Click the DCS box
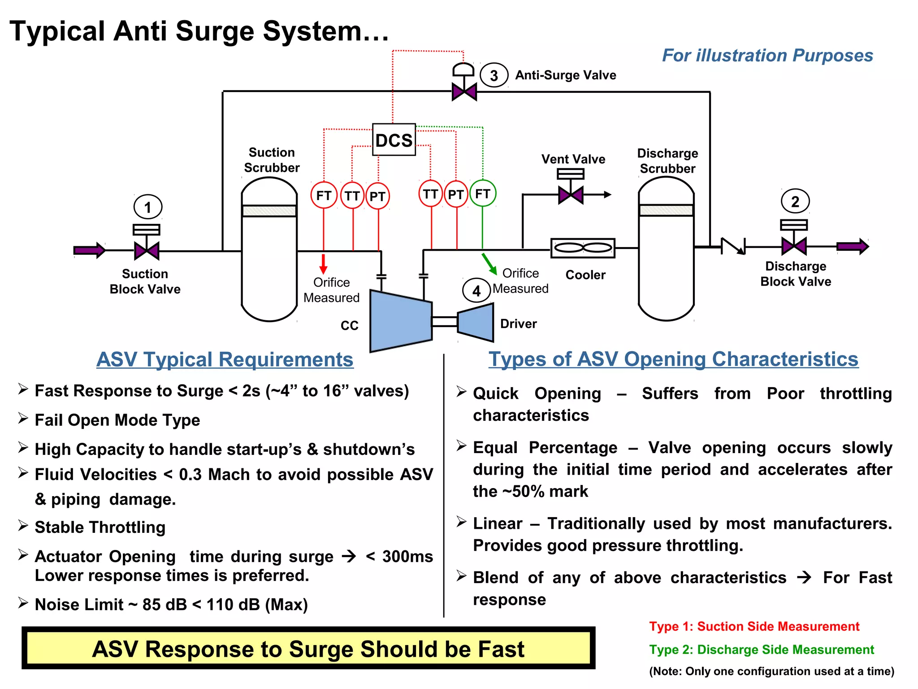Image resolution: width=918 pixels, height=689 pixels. pos(394,140)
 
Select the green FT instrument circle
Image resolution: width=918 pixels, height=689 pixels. pos(482,194)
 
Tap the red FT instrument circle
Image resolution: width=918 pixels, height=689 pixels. pos(324,196)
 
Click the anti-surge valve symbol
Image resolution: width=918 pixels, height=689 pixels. pos(464,92)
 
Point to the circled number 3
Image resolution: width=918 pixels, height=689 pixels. pos(494,75)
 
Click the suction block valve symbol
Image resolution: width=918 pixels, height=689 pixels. pos(147,250)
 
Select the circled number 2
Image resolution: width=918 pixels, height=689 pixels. pos(795,202)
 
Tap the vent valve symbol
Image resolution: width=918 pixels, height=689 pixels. pos(570,195)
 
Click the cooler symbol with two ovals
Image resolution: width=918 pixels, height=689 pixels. pos(583,248)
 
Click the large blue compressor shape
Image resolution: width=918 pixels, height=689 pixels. pos(400,322)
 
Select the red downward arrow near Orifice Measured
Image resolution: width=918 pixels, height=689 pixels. pos(323,264)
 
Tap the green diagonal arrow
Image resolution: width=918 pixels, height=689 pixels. pos(489,264)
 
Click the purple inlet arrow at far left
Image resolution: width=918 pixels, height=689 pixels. pos(89,250)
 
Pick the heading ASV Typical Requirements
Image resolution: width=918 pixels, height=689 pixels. pos(225,360)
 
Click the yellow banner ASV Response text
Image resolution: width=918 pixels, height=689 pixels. pos(308,649)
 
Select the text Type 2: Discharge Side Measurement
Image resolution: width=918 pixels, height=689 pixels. pos(762,650)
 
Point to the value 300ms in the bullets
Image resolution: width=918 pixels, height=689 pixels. pos(407,556)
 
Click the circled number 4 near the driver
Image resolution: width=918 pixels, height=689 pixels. pos(476,291)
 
